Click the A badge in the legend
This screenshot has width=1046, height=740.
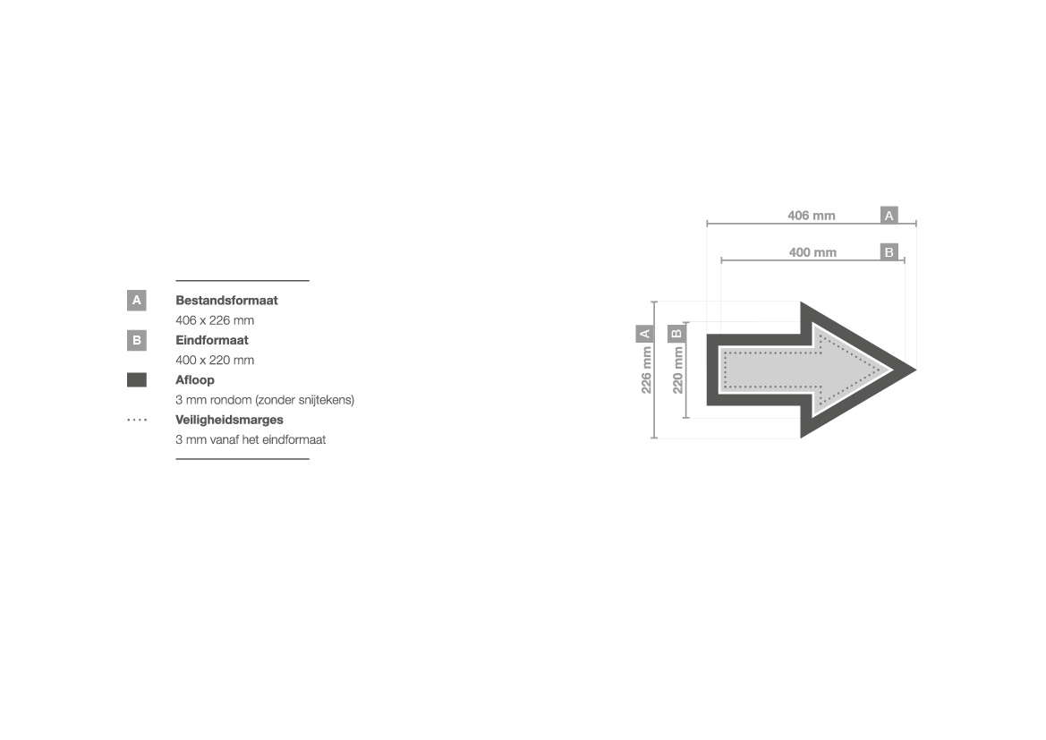pyautogui.click(x=137, y=301)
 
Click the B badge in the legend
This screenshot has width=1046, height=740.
pyautogui.click(x=137, y=340)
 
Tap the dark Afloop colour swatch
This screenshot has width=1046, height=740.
pyautogui.click(x=137, y=380)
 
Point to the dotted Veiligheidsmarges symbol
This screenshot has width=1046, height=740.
pyautogui.click(x=137, y=420)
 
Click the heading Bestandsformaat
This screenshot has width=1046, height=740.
pyautogui.click(x=226, y=301)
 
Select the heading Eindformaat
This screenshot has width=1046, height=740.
pyautogui.click(x=212, y=340)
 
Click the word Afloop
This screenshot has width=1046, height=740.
pyautogui.click(x=195, y=380)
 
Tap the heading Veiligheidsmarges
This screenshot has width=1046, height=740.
pyautogui.click(x=229, y=420)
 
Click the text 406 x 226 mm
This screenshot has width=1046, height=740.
pyautogui.click(x=215, y=320)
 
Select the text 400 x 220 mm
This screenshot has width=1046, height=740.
pyautogui.click(x=215, y=361)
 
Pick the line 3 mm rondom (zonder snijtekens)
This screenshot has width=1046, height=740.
pyautogui.click(x=265, y=400)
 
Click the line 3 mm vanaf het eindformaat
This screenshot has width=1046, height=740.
pyautogui.click(x=251, y=439)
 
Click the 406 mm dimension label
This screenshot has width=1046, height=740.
pyautogui.click(x=812, y=216)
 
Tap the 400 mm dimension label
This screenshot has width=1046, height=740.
pyautogui.click(x=812, y=252)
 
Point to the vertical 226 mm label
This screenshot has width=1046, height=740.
pyautogui.click(x=646, y=370)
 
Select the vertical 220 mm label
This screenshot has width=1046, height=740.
pyautogui.click(x=677, y=370)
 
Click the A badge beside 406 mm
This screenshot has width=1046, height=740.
pyautogui.click(x=889, y=216)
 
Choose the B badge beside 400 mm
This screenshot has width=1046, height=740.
pyautogui.click(x=889, y=252)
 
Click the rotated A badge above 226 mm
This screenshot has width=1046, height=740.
pyautogui.click(x=645, y=334)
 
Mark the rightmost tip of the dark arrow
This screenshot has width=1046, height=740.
pyautogui.click(x=916, y=370)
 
